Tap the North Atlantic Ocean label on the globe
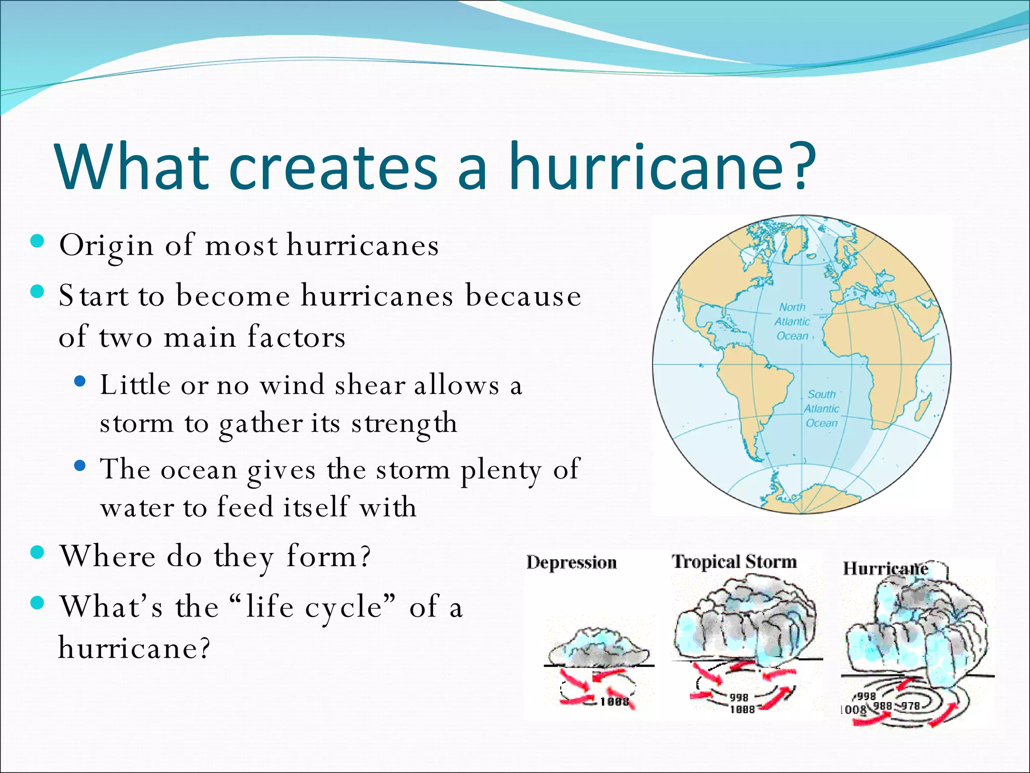tap(792, 321)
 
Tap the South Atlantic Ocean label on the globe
tap(821, 409)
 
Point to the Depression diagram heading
tap(571, 562)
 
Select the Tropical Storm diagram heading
tap(734, 561)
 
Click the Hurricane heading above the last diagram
tap(885, 569)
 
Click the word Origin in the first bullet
tap(106, 246)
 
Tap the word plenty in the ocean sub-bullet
tap(501, 470)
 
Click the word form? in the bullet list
tap(328, 557)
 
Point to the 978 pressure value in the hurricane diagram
tap(910, 706)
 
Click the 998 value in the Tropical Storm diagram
tap(739, 698)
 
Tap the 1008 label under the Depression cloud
tap(614, 702)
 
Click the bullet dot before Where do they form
tap(38, 553)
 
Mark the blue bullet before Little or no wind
tap(80, 381)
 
